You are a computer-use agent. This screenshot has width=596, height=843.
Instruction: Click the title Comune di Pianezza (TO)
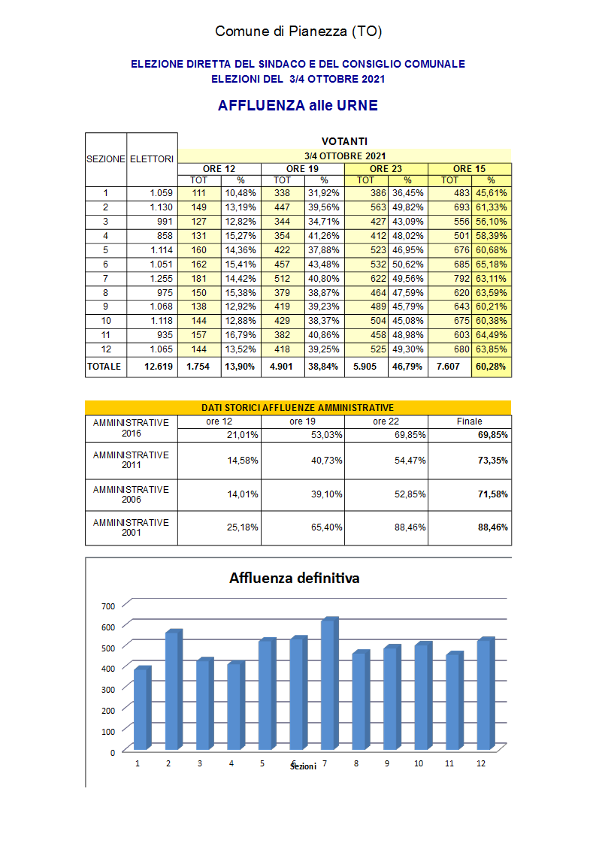pos(298,32)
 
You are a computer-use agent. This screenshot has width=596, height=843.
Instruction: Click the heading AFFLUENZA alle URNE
pos(298,106)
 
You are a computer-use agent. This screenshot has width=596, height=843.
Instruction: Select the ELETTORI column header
pos(152,159)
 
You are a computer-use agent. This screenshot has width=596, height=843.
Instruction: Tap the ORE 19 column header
pos(302,169)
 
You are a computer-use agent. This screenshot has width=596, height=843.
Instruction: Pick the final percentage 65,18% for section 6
pos(492,264)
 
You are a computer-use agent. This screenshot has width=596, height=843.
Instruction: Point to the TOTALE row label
pos(104,367)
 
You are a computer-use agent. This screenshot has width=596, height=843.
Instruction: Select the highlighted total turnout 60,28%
pos(492,367)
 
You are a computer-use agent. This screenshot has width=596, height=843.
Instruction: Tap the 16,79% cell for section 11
pos(241,336)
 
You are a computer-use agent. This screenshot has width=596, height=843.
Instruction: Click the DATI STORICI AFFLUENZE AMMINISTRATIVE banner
pos(298,407)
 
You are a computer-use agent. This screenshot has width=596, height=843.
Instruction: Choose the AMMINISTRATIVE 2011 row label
pos(131,460)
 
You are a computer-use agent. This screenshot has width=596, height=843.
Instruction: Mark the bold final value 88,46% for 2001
pos(493,527)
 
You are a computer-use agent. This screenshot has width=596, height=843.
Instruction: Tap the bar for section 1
pos(141,709)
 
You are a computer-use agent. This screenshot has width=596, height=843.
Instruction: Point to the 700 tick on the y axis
pos(108,606)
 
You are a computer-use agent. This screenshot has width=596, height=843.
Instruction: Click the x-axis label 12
pos(481,763)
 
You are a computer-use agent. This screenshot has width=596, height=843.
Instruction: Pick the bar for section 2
pos(172,690)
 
